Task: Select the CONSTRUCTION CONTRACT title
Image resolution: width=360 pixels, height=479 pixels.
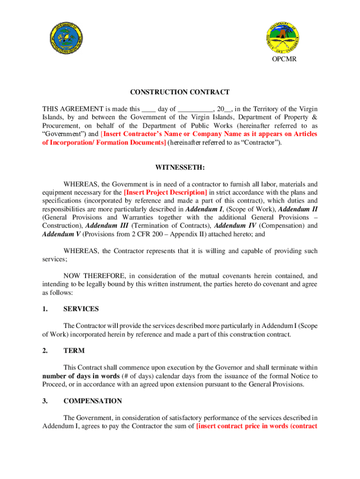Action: pyautogui.click(x=180, y=92)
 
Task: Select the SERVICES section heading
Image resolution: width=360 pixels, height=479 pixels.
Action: pyautogui.click(x=81, y=309)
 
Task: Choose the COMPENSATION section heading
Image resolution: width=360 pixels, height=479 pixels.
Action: pyautogui.click(x=93, y=401)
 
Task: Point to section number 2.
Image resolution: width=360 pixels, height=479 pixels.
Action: pyautogui.click(x=45, y=350)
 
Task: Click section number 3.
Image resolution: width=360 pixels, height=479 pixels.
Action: pyautogui.click(x=45, y=401)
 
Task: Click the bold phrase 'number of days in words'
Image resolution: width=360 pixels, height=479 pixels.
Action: pyautogui.click(x=82, y=376)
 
